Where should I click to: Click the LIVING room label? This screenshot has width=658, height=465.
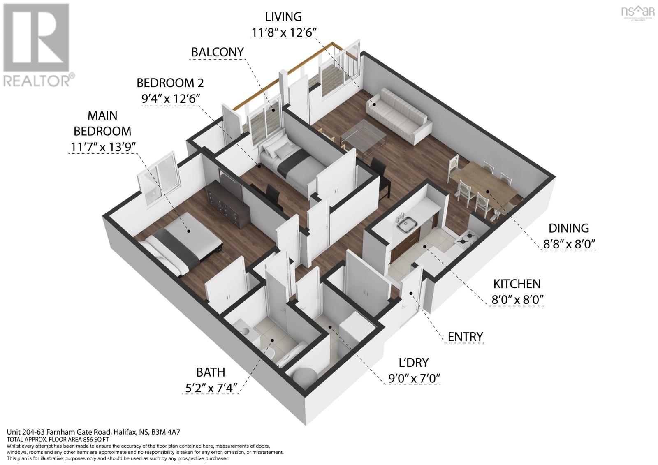(x=283, y=16)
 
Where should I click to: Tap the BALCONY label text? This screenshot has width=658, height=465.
(x=218, y=52)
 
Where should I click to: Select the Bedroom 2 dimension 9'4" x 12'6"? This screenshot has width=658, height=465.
(x=170, y=99)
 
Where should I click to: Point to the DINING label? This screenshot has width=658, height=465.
(x=569, y=228)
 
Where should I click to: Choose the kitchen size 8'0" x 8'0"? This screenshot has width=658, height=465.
(x=518, y=299)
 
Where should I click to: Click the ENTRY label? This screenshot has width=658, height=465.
(x=465, y=337)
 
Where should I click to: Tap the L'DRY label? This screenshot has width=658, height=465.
(x=414, y=362)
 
